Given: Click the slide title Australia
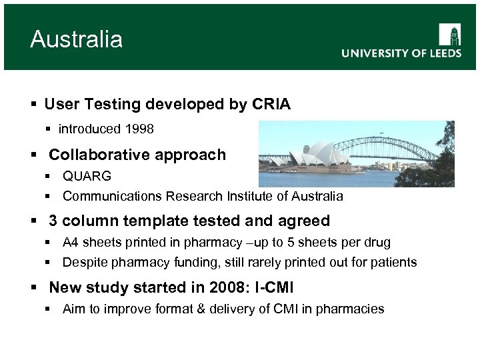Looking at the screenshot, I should tap(76, 39).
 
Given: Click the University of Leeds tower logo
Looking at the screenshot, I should tap(450, 35).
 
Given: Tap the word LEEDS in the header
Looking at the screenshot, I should tap(441, 53).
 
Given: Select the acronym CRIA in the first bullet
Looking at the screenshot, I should tap(271, 105).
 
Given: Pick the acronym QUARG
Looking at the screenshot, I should tap(87, 177).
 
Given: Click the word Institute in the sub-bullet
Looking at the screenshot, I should tap(243, 197).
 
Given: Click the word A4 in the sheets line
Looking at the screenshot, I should tap(71, 243).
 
